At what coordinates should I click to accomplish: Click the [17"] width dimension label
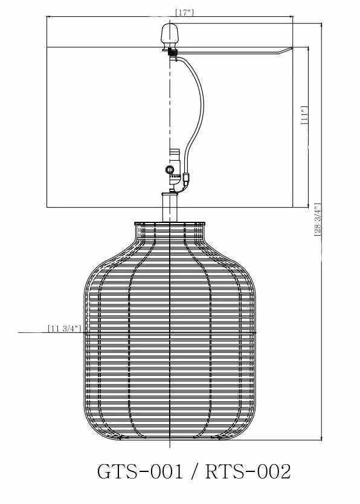184,12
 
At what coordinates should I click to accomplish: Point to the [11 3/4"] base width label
63,329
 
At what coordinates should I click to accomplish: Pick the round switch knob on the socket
170,170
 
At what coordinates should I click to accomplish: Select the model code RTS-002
248,471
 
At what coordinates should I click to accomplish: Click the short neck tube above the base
170,207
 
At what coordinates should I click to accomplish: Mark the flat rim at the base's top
170,224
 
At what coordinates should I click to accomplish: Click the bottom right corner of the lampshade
293,207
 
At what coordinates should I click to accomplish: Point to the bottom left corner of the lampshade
47,207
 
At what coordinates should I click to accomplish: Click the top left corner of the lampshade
47,17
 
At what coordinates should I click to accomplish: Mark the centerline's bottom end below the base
171,446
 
